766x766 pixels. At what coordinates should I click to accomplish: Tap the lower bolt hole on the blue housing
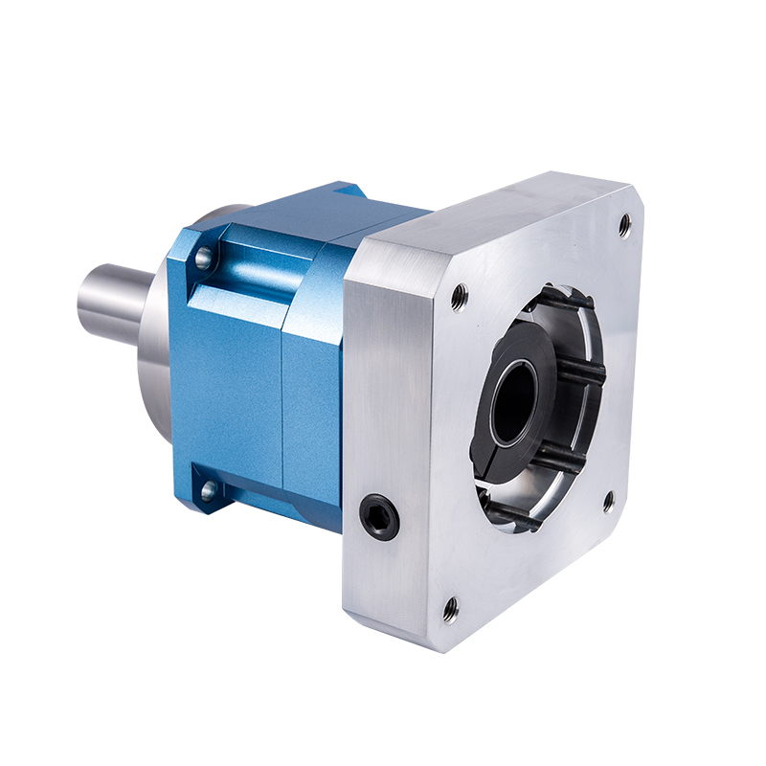pyautogui.click(x=207, y=492)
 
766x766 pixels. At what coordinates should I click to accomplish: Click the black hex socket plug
pyautogui.click(x=381, y=518)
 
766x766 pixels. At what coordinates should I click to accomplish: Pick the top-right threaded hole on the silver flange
pyautogui.click(x=624, y=224)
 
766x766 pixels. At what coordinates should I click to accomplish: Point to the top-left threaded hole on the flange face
pyautogui.click(x=460, y=297)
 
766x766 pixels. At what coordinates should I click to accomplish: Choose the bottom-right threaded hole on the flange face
pyautogui.click(x=607, y=500)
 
